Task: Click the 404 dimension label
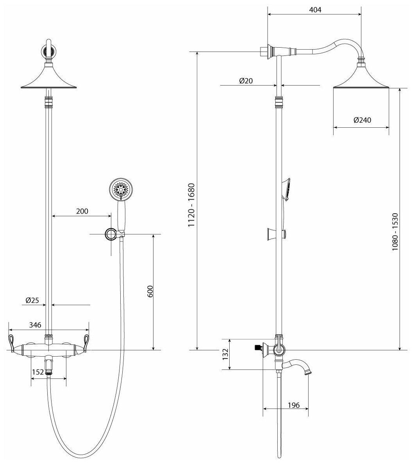click(314, 10)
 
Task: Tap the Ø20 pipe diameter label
click(246, 81)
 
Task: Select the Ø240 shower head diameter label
click(362, 120)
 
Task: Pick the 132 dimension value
click(224, 354)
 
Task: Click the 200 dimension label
click(82, 211)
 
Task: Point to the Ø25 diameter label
click(32, 300)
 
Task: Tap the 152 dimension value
click(37, 372)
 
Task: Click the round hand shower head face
click(120, 189)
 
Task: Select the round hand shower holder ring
click(111, 234)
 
